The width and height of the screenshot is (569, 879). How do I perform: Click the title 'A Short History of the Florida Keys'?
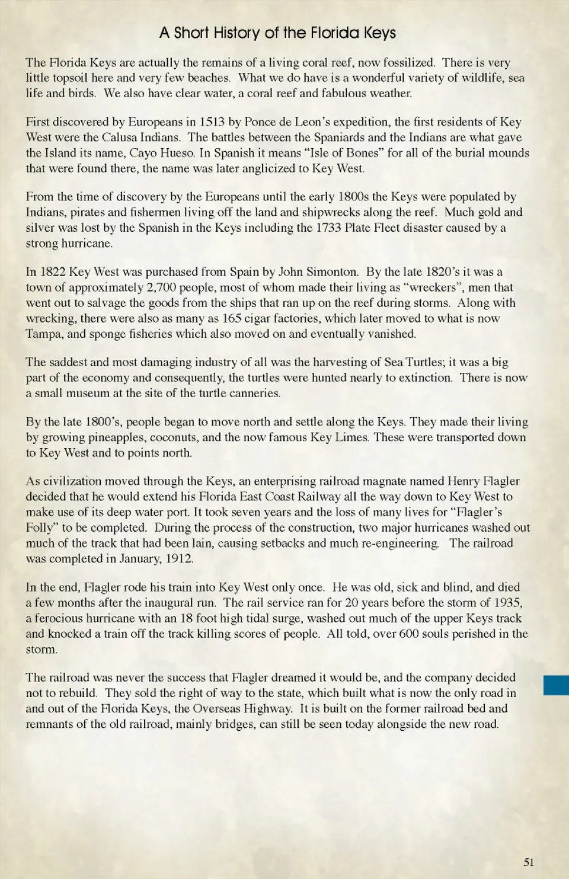coord(277,33)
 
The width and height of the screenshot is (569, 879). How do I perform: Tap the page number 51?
coord(529,862)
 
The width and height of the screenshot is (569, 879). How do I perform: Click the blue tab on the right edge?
coord(556,685)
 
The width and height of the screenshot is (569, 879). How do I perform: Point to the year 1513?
coord(212,122)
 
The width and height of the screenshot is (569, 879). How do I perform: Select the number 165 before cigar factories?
coord(232,318)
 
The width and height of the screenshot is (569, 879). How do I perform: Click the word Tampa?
coord(44,334)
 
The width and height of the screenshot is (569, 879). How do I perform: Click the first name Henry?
coord(463,481)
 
